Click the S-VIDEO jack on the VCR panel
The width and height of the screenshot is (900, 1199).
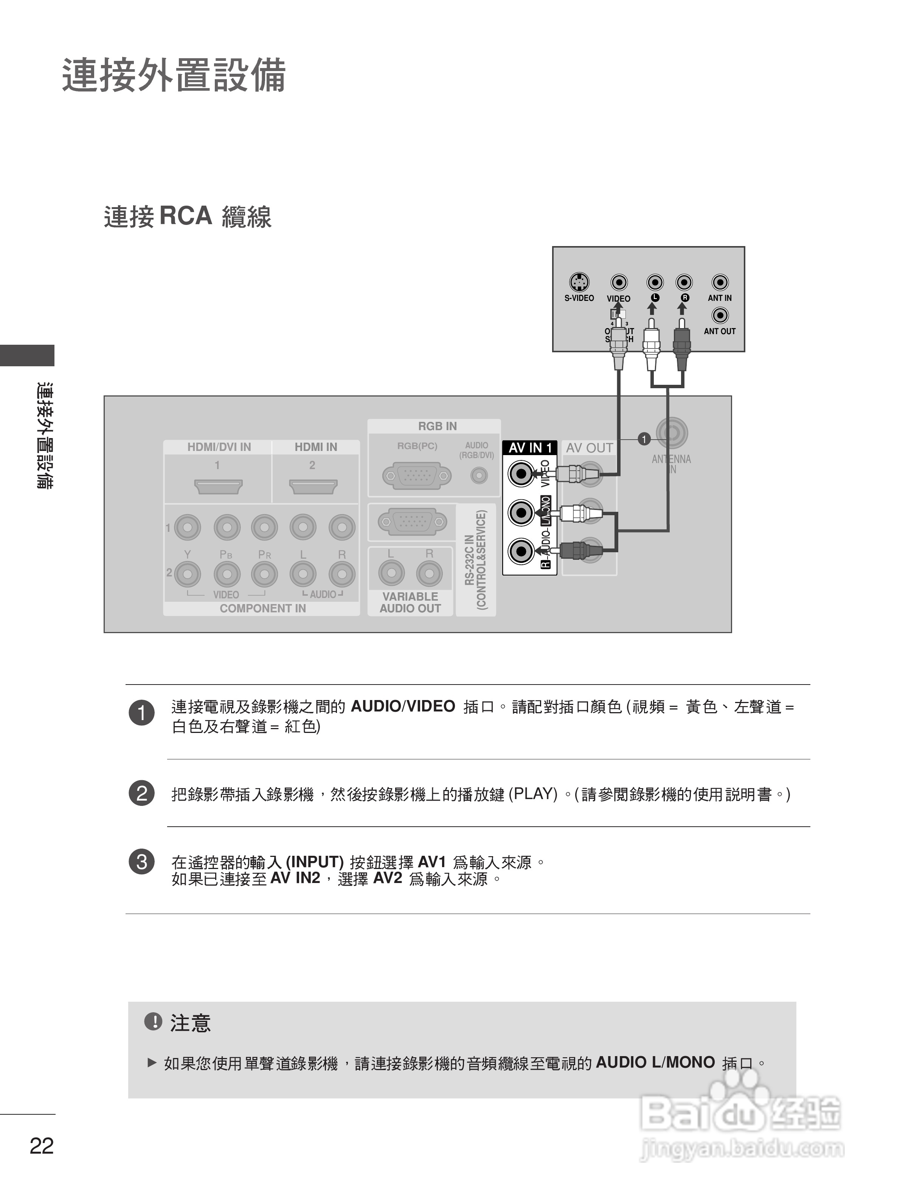click(x=579, y=282)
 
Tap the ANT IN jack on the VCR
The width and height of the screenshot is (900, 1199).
click(x=720, y=282)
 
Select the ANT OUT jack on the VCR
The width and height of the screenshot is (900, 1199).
click(x=720, y=315)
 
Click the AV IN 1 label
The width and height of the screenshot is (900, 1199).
click(x=530, y=448)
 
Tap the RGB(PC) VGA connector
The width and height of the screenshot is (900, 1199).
click(x=416, y=476)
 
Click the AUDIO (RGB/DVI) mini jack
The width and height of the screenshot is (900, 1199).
click(x=478, y=476)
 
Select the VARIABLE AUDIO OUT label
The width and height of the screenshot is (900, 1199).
click(x=410, y=602)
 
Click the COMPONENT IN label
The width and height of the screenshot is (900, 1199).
click(x=262, y=608)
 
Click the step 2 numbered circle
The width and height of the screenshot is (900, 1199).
click(x=141, y=793)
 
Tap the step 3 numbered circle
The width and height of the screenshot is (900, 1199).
click(x=141, y=862)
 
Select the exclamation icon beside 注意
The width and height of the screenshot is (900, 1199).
click(x=154, y=1022)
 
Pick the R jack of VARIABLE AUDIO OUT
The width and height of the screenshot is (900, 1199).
click(x=429, y=573)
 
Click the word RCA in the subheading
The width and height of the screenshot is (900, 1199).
click(x=185, y=216)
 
